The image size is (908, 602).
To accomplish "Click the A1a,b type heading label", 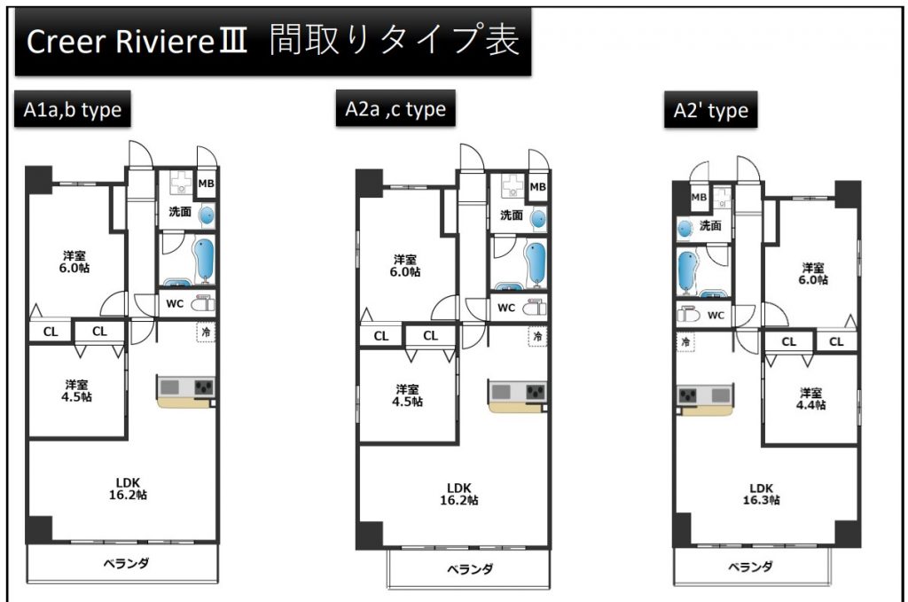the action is pos(73,109).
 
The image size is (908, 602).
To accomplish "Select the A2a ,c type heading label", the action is pos(395,108).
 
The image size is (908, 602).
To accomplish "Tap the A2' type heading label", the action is pos(710,109).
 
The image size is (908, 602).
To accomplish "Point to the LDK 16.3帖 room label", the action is pos(762,494).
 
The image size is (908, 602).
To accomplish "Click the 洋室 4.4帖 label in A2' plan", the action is pos(810,399).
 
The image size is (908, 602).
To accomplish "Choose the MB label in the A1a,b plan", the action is pos(206,184).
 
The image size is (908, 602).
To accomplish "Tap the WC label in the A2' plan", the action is pos(716,316).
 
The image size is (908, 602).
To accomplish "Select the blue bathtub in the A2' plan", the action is pos(687,270).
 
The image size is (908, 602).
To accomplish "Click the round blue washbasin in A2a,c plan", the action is pos(538,219).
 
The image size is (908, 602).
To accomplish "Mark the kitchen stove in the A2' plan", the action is pos(688,396).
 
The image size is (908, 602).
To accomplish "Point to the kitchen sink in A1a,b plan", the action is pos(169,387).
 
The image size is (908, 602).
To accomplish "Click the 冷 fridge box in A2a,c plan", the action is pos(538,336).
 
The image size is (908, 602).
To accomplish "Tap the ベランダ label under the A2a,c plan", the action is pos(470,569).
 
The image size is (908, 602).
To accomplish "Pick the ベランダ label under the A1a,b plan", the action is pos(126,563).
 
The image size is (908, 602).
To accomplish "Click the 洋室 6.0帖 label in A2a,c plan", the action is pos(405,266).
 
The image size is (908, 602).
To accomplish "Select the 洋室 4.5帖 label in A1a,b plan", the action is pos(76,391).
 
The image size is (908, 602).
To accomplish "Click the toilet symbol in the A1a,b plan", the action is pos(203,303).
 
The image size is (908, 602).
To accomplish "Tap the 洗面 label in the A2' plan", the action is pos(710,225).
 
